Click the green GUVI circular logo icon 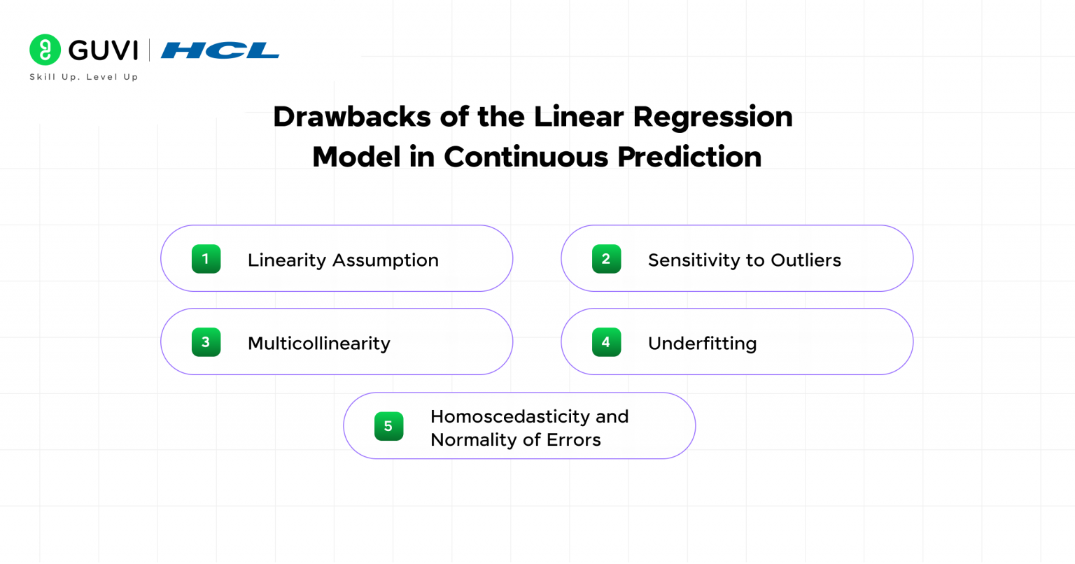point(45,50)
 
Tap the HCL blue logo point(220,50)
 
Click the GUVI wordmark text point(104,50)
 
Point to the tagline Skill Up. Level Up point(84,77)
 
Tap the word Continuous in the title point(526,157)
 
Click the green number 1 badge point(206,259)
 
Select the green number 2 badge point(606,259)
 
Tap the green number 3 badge point(206,342)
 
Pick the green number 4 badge point(606,342)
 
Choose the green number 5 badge point(388,426)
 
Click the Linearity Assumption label point(343,260)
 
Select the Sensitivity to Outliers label point(744,260)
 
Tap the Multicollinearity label point(319,344)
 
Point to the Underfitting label point(702,344)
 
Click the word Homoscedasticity point(510,416)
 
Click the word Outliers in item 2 point(806,260)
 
